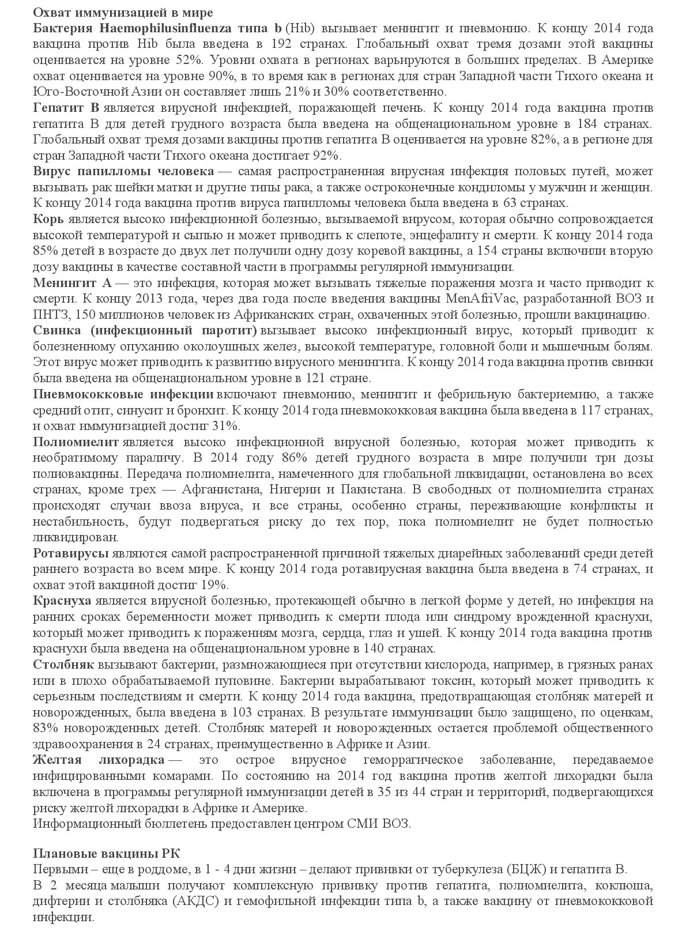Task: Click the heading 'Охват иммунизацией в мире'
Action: pos(123,12)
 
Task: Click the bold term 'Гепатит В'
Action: pos(67,108)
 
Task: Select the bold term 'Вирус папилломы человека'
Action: pos(123,171)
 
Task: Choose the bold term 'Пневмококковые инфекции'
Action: pos(123,394)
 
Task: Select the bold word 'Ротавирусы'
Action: pos(71,553)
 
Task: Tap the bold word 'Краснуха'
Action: pos(62,601)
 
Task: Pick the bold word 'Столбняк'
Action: pos(63,664)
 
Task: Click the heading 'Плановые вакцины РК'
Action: pos(107,854)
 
